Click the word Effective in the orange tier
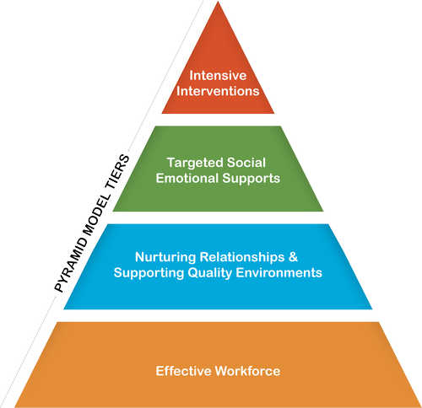183,371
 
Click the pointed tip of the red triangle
219,5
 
